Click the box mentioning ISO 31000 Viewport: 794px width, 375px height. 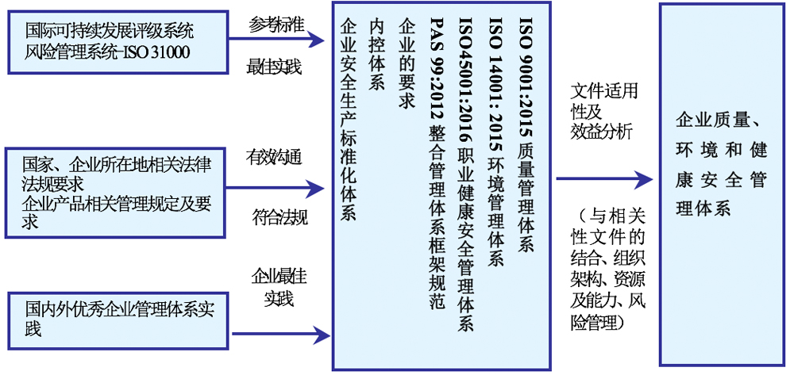(x=118, y=42)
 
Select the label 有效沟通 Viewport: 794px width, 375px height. (x=274, y=159)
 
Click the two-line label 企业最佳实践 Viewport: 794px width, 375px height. (x=279, y=288)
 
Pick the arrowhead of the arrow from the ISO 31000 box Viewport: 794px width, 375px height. (x=317, y=39)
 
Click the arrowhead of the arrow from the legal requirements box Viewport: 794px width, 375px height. (x=316, y=189)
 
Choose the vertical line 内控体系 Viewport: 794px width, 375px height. (x=376, y=55)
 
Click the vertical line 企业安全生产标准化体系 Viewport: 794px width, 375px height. (x=348, y=120)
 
